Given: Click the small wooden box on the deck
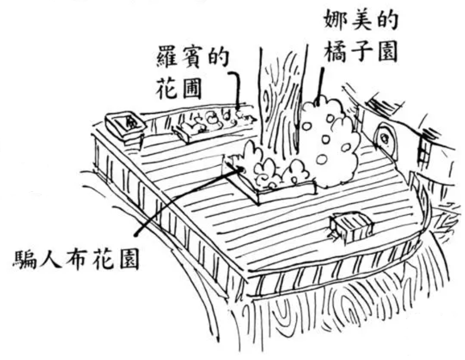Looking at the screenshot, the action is pos(351,227).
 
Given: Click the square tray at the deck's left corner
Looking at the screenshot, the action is pos(123,125).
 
